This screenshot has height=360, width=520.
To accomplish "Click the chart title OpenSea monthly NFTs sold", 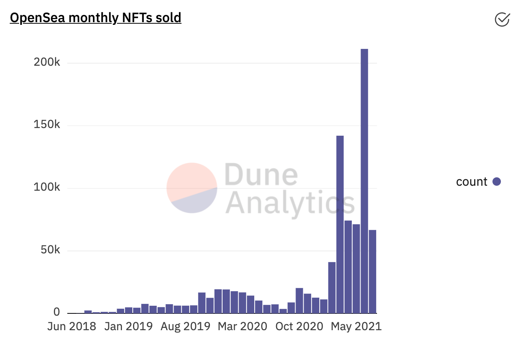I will [96, 18].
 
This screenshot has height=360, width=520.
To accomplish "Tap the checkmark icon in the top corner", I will [502, 19].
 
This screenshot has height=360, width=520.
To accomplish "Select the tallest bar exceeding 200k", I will [364, 180].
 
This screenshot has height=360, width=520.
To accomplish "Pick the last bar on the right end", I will [372, 271].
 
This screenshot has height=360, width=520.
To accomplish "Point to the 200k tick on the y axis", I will [47, 62].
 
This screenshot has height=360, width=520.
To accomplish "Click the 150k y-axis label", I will [47, 125].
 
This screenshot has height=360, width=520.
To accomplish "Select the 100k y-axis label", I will [47, 187].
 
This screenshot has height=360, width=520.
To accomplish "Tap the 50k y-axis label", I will [50, 250].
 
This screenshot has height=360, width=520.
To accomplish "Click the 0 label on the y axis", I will [57, 312].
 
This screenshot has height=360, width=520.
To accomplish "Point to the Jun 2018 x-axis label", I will [71, 326].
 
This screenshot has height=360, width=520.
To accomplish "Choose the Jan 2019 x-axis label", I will [128, 326].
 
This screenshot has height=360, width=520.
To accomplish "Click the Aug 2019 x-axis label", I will [185, 326].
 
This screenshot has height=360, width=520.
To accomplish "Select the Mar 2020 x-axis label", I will [242, 326].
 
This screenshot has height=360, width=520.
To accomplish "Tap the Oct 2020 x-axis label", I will [299, 326].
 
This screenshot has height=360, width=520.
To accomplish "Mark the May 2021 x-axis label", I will [356, 326].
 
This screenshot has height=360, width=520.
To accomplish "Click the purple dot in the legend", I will [497, 182].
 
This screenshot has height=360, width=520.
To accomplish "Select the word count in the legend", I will [471, 182].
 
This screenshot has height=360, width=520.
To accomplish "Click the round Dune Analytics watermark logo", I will [192, 188].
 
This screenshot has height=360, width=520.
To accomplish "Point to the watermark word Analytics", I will [290, 203].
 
